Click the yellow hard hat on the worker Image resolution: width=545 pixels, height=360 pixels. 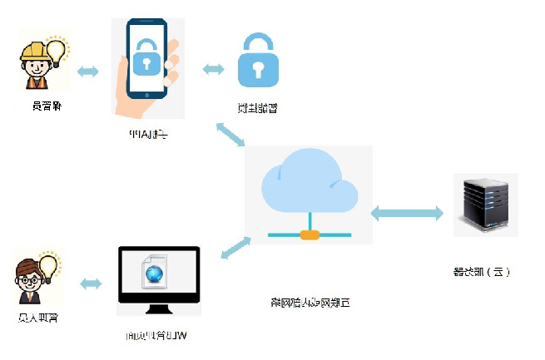click(34, 52)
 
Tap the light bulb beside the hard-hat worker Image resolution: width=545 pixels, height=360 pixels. click(57, 50)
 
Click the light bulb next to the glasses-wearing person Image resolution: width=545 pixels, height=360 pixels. click(48, 266)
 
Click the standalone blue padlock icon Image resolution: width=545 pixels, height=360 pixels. click(257, 62)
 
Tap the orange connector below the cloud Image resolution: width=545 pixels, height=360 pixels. click(310, 234)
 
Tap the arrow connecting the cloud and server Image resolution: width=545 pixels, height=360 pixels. click(407, 213)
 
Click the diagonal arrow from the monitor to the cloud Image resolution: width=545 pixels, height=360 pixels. click(235, 248)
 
